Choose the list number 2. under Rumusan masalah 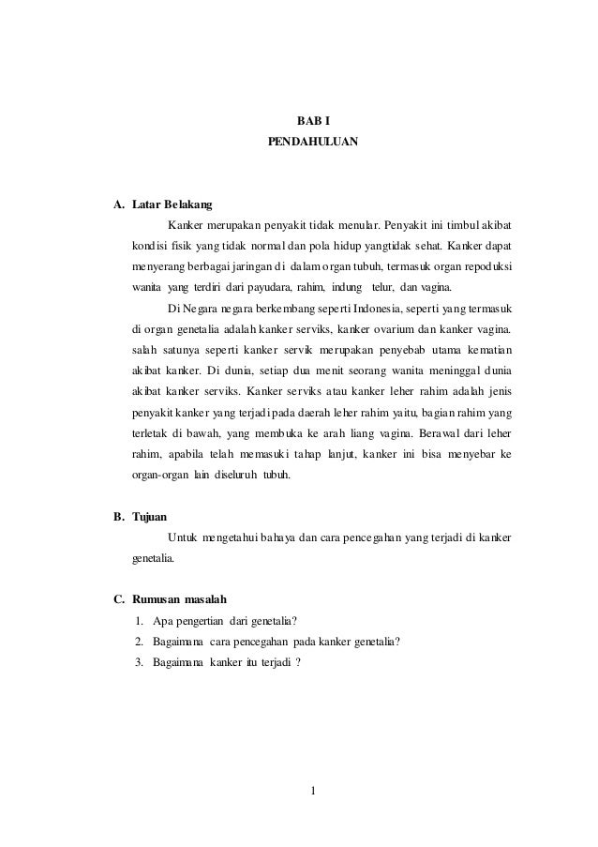[139, 642]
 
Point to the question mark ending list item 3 [298, 662]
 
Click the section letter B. [118, 516]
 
